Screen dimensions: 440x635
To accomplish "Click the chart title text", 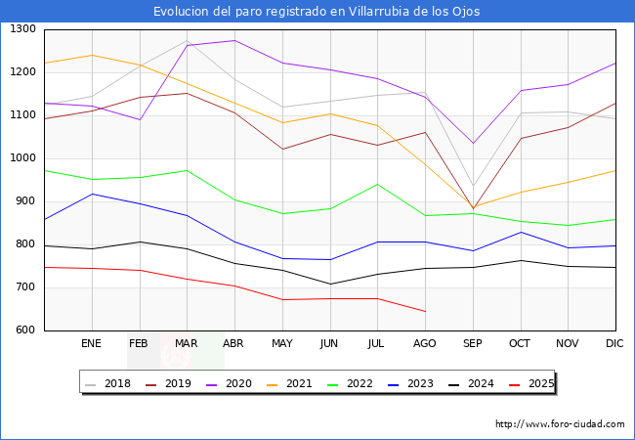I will pos(317,11).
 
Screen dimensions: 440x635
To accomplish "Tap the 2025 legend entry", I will pos(536,383).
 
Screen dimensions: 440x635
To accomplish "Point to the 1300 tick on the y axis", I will pos(22,29).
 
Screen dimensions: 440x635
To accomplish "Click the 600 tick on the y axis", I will pos(25,330).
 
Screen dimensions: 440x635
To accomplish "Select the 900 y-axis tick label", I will pos(25,201).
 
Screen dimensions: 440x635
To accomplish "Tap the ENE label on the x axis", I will pos(91,344).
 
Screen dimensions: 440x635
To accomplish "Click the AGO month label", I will pos(425,344).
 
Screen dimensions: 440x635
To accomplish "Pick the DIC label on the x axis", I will pos(614,344).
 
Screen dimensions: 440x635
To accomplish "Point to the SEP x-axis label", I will pos(473,344).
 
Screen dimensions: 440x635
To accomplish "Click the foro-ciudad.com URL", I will pos(560,424).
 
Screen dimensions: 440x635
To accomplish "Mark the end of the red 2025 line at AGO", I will pos(425,311).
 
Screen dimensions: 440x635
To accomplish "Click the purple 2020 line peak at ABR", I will pos(234,40).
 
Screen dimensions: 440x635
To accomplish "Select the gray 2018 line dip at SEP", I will pos(473,187).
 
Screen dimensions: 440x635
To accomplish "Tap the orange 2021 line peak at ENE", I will pos(92,55).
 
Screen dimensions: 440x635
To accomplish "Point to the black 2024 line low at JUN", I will pos(330,284).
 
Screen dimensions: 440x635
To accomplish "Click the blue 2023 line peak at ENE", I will pos(92,194).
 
